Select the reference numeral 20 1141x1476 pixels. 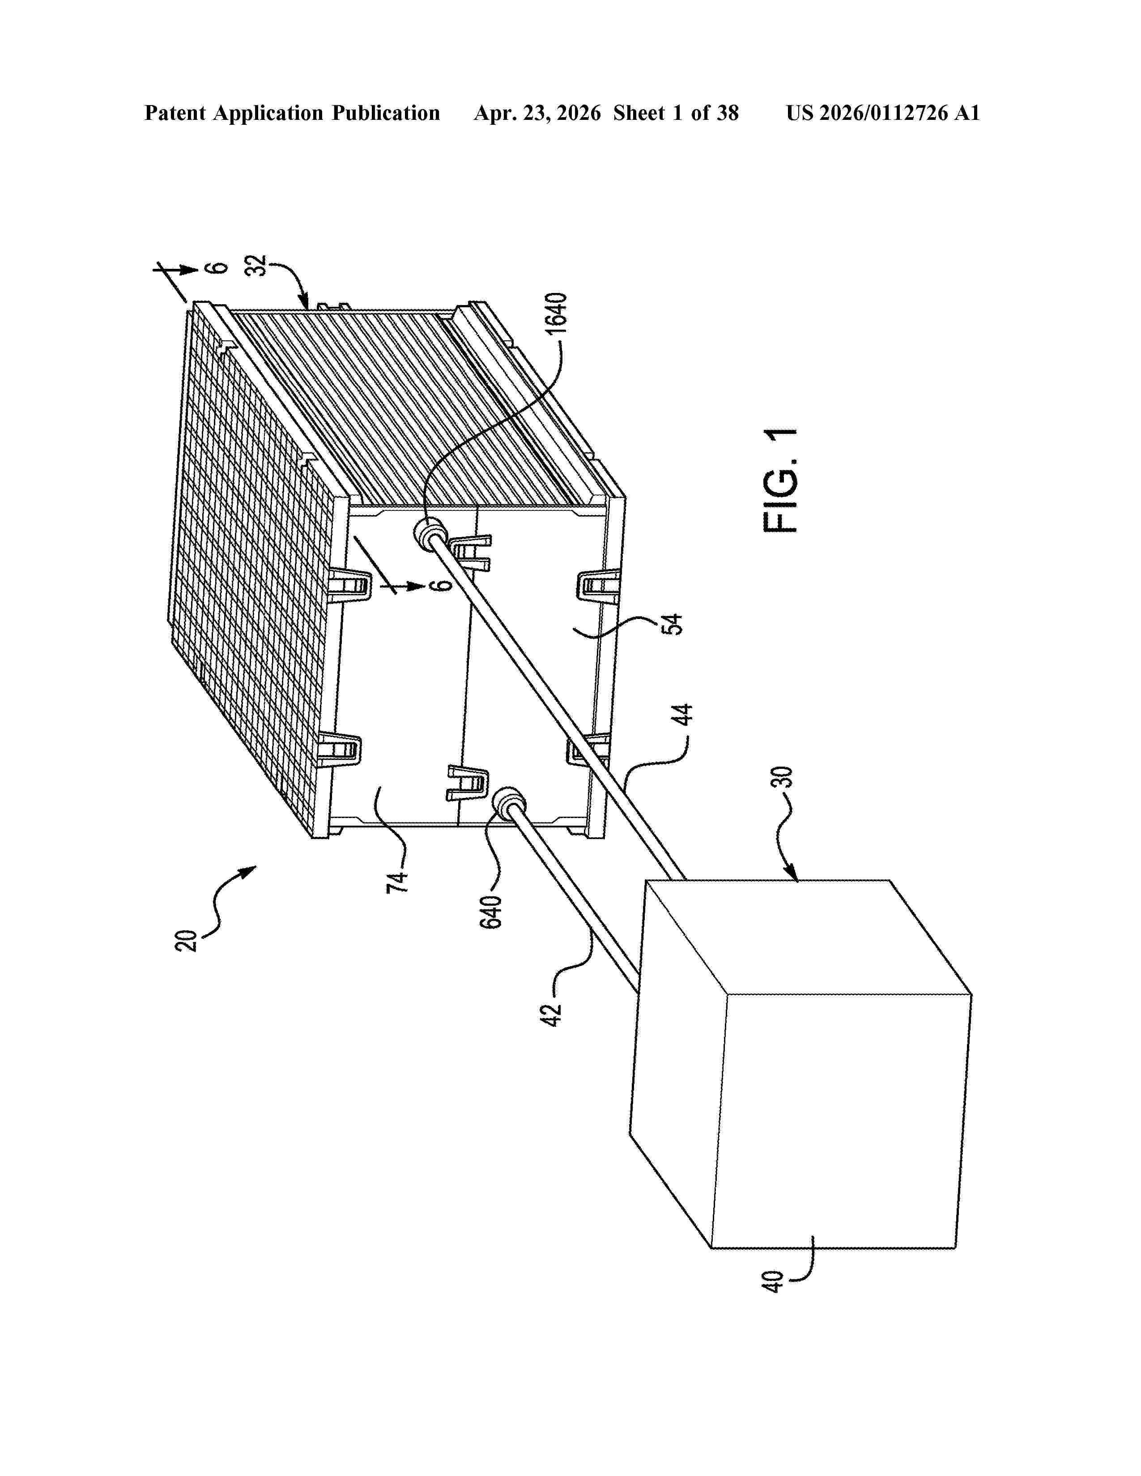(187, 941)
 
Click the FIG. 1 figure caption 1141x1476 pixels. (781, 480)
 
